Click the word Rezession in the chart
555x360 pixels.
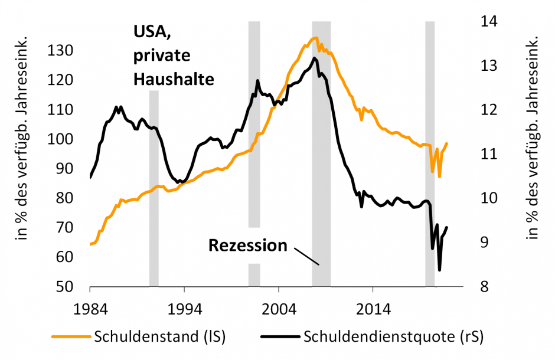tap(248, 245)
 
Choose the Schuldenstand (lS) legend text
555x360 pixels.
tap(160, 337)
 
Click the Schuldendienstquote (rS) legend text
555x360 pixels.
tap(393, 337)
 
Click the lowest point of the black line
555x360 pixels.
tap(439, 270)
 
